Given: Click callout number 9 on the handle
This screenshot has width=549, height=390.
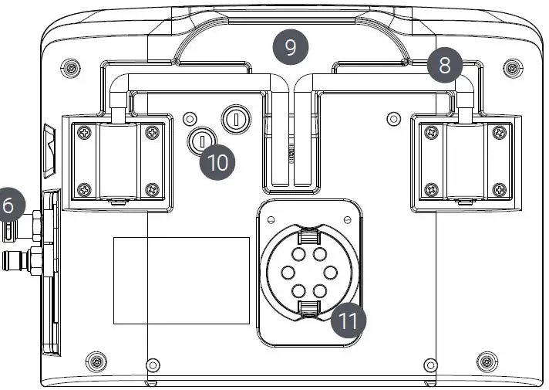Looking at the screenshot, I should tap(290, 48).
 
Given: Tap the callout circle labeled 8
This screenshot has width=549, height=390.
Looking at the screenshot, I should tap(444, 66).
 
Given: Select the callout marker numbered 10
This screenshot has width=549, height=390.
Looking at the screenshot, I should tap(218, 162).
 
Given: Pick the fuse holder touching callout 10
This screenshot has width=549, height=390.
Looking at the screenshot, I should tap(200, 140).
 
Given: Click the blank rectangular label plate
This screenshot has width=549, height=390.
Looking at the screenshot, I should tap(181, 280).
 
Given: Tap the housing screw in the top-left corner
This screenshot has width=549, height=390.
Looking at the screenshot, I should tap(71, 66).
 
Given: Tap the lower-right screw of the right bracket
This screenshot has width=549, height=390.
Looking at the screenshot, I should tap(500, 188).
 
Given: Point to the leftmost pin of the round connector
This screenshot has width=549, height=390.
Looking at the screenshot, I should tap(287, 273).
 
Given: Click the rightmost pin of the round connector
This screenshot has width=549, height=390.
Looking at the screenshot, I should tap(329, 273).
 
